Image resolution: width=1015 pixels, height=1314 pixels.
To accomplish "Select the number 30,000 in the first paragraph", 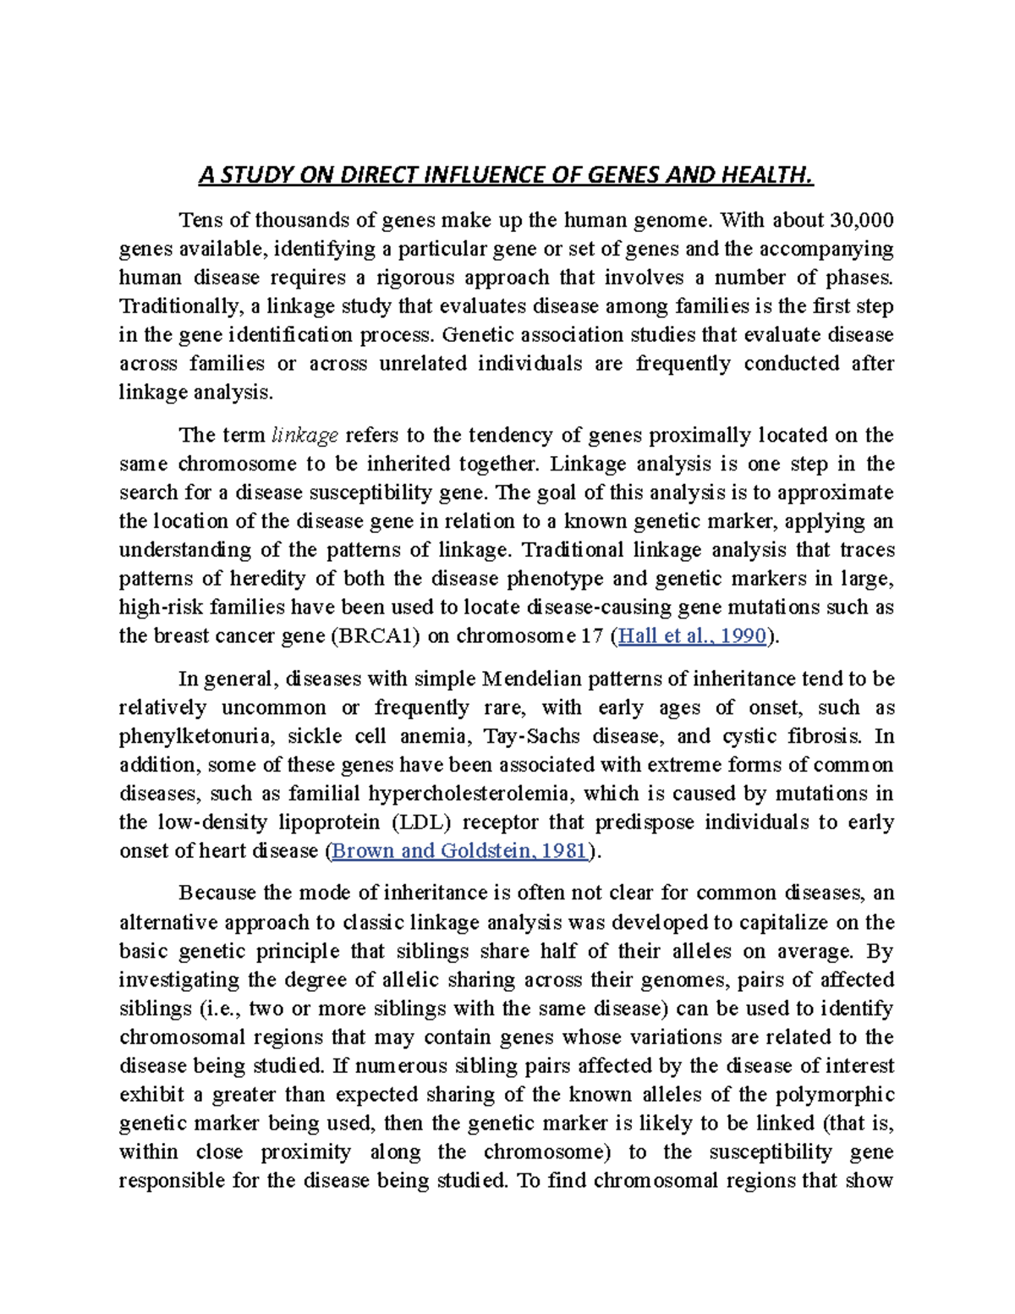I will click(862, 220).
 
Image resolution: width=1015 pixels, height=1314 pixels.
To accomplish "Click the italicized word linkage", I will click(304, 435).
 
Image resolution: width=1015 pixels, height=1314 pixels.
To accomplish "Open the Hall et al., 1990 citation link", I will click(692, 636).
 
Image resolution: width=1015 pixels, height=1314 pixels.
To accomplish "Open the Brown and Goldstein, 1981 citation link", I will click(459, 851).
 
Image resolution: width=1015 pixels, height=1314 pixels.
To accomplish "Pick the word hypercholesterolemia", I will click(470, 794).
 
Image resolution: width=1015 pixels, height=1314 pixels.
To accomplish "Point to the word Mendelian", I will click(531, 679).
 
